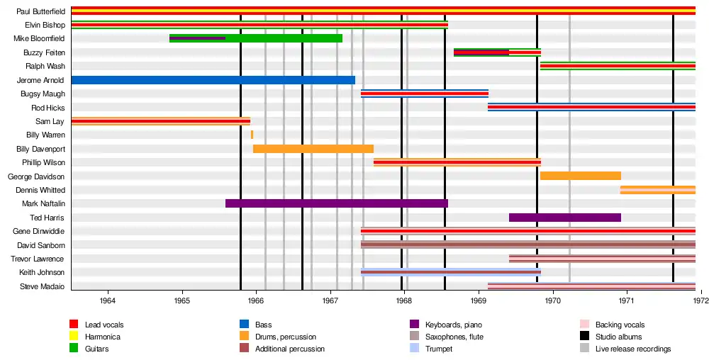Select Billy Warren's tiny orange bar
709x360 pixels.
252,135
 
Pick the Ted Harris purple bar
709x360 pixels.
564,218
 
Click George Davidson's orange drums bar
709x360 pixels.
580,176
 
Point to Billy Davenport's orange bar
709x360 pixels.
313,149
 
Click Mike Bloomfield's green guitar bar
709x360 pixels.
284,38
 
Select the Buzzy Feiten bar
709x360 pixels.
497,52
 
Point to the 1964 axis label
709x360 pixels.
108,300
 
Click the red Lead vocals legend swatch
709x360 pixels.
74,325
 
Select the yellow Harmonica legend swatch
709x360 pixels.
74,337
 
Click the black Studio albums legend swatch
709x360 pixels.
584,337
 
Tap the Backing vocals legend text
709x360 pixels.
620,325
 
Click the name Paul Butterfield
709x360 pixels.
40,11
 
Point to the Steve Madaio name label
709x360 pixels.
43,286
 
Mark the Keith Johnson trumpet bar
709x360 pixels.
450,272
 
